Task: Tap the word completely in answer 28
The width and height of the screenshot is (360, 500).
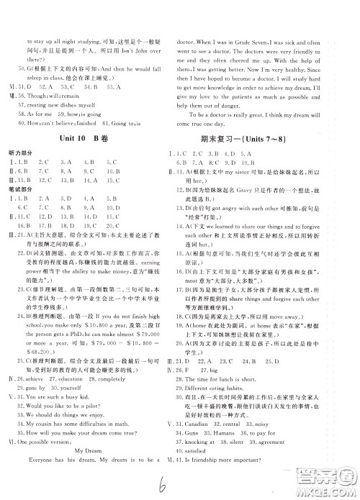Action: [x=125, y=388]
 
